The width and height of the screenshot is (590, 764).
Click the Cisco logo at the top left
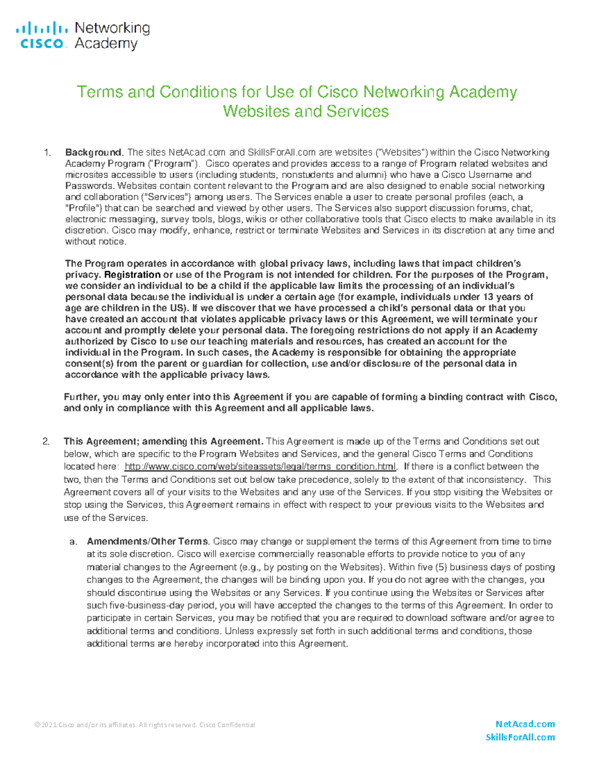[41, 35]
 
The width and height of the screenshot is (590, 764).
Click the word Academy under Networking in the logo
[106, 44]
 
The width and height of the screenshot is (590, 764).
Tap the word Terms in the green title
[100, 92]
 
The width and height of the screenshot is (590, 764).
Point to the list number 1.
[47, 153]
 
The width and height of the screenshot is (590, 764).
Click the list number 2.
[46, 441]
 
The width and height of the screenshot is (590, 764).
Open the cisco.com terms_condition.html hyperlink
[260, 466]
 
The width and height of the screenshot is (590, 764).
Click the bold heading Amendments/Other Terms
[148, 541]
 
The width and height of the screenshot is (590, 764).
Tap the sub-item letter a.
[73, 542]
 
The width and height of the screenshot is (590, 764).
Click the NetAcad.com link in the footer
[525, 724]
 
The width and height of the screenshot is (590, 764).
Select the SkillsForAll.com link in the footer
[520, 737]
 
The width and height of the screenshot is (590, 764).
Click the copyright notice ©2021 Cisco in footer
[145, 725]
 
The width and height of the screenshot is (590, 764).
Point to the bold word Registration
[132, 275]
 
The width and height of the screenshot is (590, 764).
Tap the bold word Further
[82, 397]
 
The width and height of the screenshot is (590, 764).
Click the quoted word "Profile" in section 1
[81, 208]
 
